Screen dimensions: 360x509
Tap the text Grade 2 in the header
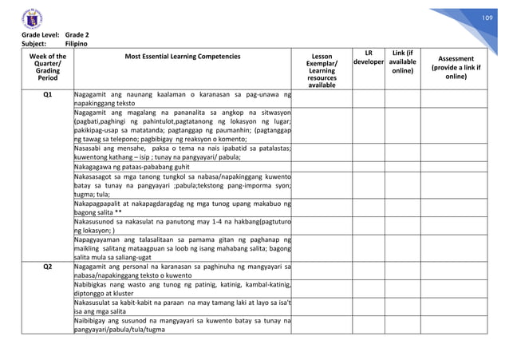[x=77, y=37]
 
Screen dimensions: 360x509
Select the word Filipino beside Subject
[x=77, y=45]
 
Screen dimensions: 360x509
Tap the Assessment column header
[x=458, y=68]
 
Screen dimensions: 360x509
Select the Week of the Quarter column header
[x=47, y=69]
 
